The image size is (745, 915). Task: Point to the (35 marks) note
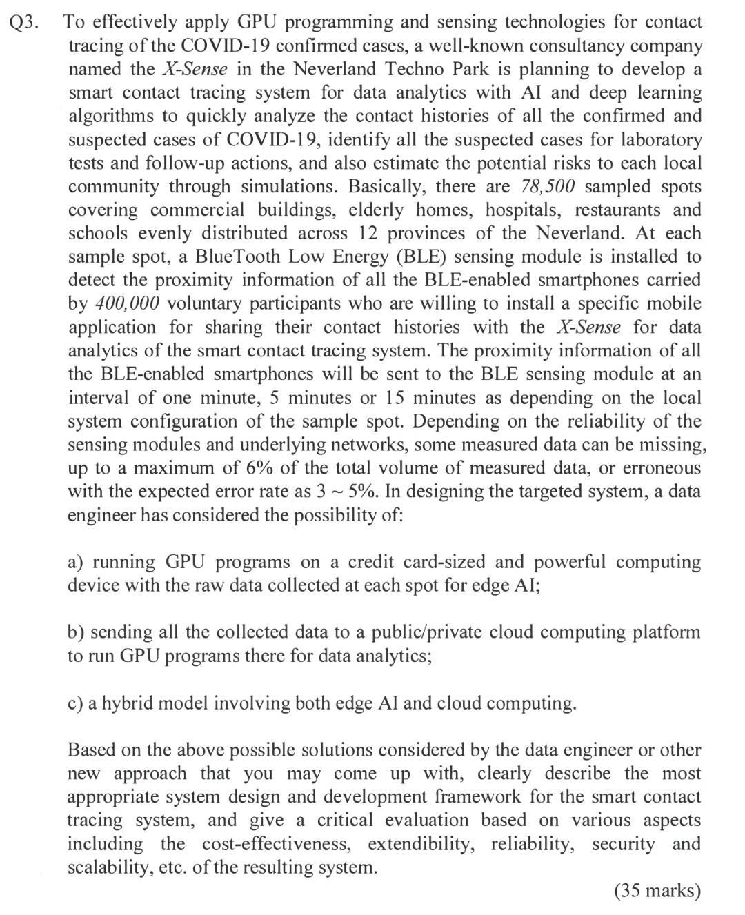click(657, 891)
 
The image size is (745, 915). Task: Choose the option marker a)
click(77, 563)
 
